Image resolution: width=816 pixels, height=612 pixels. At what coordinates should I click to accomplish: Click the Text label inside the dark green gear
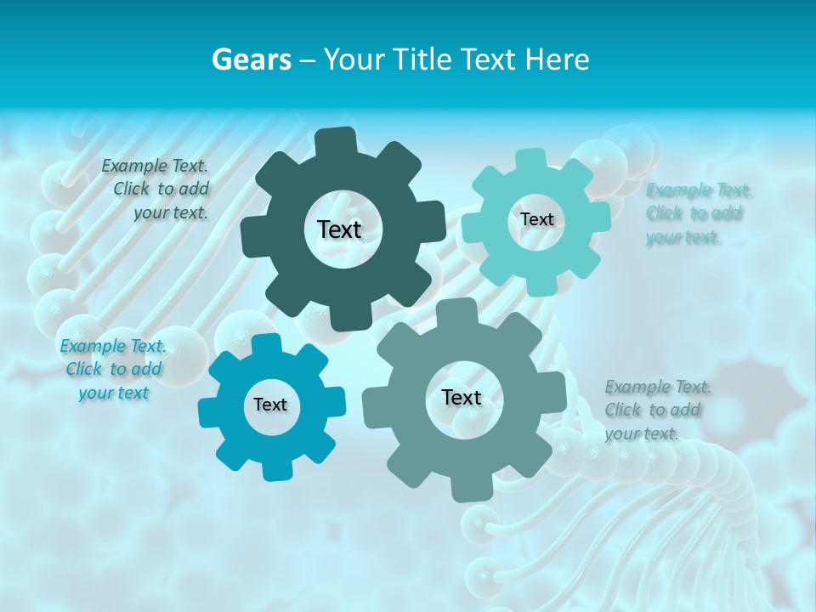[339, 229]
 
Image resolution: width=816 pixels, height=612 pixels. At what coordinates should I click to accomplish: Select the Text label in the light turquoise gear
[536, 219]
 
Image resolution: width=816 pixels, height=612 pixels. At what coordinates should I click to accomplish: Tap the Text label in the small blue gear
[270, 405]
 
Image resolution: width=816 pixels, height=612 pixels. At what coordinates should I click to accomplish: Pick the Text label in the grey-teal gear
[462, 398]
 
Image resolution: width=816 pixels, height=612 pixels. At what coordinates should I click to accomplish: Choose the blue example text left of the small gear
[112, 369]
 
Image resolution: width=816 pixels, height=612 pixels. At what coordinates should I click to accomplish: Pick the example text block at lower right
[657, 410]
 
